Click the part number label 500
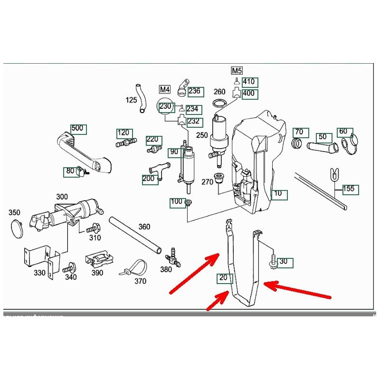(x=76, y=128)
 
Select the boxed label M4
(x=164, y=89)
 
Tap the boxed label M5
(x=237, y=71)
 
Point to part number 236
(x=195, y=91)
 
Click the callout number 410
(x=249, y=82)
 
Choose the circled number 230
(x=165, y=107)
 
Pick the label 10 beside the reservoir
(x=278, y=194)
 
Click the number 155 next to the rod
(x=349, y=189)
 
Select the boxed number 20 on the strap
(x=224, y=278)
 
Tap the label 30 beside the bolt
(x=283, y=262)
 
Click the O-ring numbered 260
(x=219, y=104)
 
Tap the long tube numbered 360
(x=135, y=235)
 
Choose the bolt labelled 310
(x=93, y=228)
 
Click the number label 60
(x=343, y=132)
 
